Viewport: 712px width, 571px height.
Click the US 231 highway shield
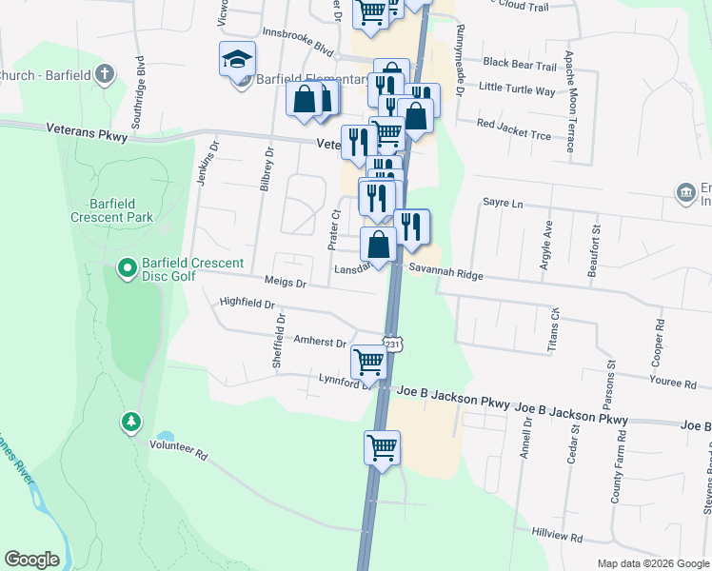pos(391,344)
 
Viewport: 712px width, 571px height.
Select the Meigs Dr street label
pos(287,283)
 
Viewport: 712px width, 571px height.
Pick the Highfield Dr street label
pos(247,305)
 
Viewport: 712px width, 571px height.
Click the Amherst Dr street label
pos(320,341)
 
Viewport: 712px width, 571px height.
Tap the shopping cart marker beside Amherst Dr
pos(368,361)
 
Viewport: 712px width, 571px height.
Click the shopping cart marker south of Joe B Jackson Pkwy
pos(382,446)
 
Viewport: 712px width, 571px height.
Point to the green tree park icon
pos(130,421)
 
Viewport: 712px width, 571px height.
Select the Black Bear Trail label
pos(519,65)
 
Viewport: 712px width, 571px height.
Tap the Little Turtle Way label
pos(517,89)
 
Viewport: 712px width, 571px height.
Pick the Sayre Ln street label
pos(504,203)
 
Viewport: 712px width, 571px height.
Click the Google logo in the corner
pos(31,560)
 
